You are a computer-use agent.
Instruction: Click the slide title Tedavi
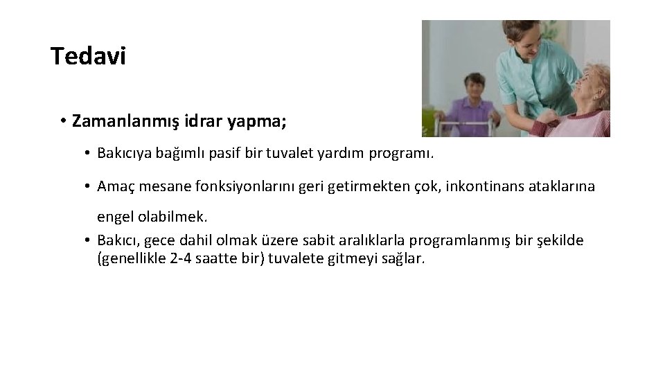88,56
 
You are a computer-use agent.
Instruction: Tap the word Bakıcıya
125,152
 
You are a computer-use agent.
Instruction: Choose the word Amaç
114,187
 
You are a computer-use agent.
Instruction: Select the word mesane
159,187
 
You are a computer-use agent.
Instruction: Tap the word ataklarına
562,187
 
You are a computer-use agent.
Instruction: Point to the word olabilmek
173,217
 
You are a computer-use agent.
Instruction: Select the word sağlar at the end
409,258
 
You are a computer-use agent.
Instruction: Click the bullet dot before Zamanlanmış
62,122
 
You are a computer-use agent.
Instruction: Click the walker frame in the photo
443,128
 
